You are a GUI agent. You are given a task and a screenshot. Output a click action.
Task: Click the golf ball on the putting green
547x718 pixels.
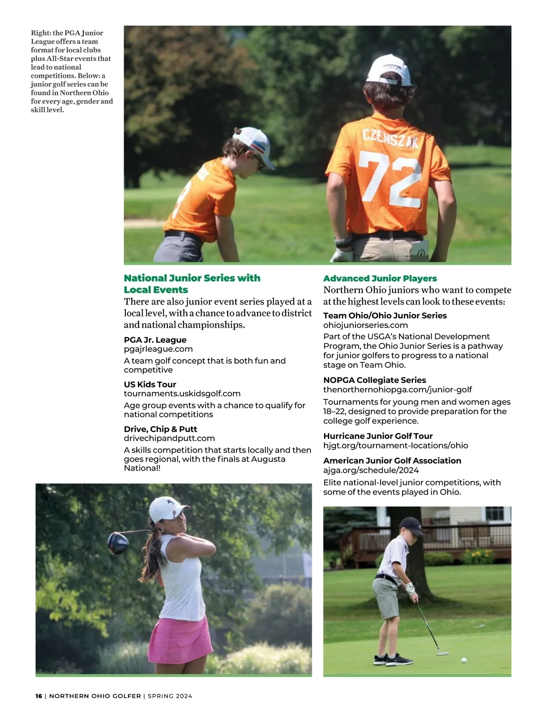pos(464,660)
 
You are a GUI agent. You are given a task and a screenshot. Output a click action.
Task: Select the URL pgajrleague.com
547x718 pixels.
pos(158,349)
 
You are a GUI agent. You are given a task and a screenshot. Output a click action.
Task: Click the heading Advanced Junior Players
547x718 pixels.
pos(380,279)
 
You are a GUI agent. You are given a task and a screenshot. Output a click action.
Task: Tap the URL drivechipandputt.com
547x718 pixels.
pos(169,438)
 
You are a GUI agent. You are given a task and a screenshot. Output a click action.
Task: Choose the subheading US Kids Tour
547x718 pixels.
pos(150,384)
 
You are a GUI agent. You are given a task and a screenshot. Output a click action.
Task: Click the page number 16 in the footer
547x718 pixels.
pos(39,696)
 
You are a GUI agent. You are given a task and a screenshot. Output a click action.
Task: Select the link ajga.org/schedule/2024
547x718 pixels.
pos(371,470)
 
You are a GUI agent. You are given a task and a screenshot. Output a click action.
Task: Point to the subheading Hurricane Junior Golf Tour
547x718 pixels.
pos(377,436)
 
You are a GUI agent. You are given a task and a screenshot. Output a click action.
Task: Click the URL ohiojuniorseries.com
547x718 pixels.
pos(365,325)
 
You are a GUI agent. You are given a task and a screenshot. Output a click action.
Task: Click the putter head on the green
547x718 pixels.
pos(442,653)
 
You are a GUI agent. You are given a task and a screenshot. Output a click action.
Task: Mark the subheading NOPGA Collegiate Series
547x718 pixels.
pos(374,380)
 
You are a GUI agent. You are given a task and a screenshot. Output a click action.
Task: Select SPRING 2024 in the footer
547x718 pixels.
pos(170,696)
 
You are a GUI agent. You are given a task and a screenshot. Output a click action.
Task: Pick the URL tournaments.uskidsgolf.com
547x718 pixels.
pos(182,393)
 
